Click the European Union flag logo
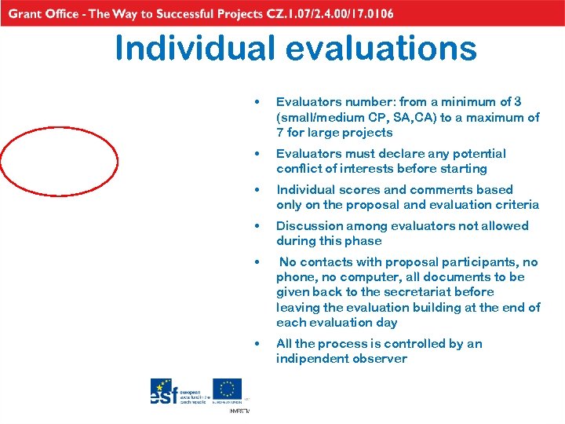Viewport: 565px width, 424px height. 227,390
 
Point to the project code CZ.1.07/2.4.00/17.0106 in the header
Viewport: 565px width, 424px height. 307,13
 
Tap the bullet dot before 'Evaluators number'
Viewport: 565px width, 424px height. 257,102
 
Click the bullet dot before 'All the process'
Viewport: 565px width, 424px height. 257,344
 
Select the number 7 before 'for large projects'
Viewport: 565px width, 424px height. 280,132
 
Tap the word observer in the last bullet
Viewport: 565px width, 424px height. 381,358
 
